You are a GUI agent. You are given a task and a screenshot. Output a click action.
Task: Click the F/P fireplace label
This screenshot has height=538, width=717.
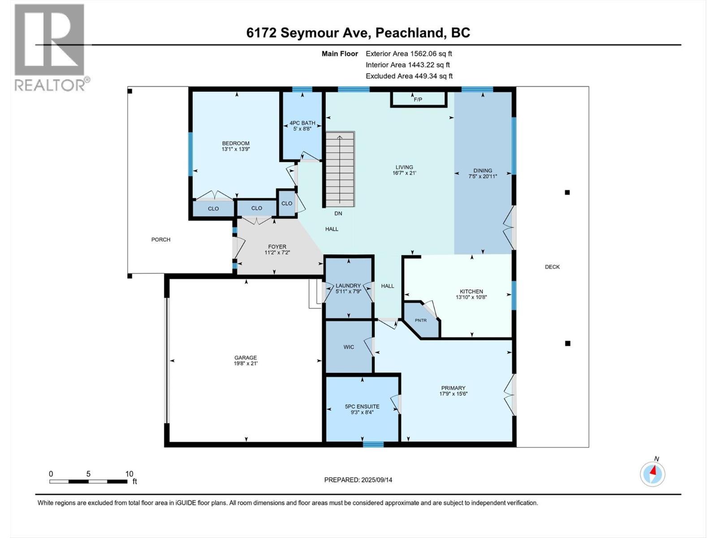coord(418,100)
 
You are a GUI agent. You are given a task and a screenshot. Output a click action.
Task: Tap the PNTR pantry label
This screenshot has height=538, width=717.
coord(420,320)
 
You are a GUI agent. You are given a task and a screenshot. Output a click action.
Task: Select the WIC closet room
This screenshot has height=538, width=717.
coord(349,347)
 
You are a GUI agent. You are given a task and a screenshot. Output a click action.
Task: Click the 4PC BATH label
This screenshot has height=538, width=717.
coord(302,123)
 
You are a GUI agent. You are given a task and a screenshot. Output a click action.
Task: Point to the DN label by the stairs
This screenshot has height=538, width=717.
coord(338,213)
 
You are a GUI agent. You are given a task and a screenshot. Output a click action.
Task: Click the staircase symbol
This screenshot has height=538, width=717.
coord(340,169)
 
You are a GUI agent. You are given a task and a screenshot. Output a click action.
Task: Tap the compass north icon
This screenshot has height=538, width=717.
coord(652,473)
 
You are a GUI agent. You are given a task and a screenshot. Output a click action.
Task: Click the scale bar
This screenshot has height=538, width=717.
coord(88,482)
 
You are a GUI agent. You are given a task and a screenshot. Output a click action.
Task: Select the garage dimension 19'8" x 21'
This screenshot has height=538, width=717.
coord(246,364)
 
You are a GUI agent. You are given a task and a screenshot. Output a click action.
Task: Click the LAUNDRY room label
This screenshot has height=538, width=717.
coord(348,286)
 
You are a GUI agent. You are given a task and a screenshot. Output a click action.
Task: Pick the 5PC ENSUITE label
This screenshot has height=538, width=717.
coord(362,407)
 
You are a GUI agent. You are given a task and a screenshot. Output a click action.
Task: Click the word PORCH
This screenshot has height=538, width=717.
coord(161,239)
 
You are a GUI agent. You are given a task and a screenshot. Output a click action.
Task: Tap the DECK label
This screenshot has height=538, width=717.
coord(552,267)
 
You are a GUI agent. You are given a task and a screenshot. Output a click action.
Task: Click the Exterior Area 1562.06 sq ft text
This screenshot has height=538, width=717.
coord(409,54)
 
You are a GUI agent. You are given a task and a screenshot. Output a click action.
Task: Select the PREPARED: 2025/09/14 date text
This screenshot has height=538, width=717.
coord(358,480)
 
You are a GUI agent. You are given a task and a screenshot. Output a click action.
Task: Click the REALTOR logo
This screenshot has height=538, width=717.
coord(50,47)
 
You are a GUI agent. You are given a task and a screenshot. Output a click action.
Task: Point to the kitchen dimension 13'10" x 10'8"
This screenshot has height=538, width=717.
coord(471,297)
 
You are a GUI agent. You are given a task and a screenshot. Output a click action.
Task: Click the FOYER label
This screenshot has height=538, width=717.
coord(277,247)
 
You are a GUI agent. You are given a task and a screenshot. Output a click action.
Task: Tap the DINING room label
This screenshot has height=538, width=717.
coord(483,170)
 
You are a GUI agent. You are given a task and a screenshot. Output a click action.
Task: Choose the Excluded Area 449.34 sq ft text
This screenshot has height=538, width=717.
coord(409,76)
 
